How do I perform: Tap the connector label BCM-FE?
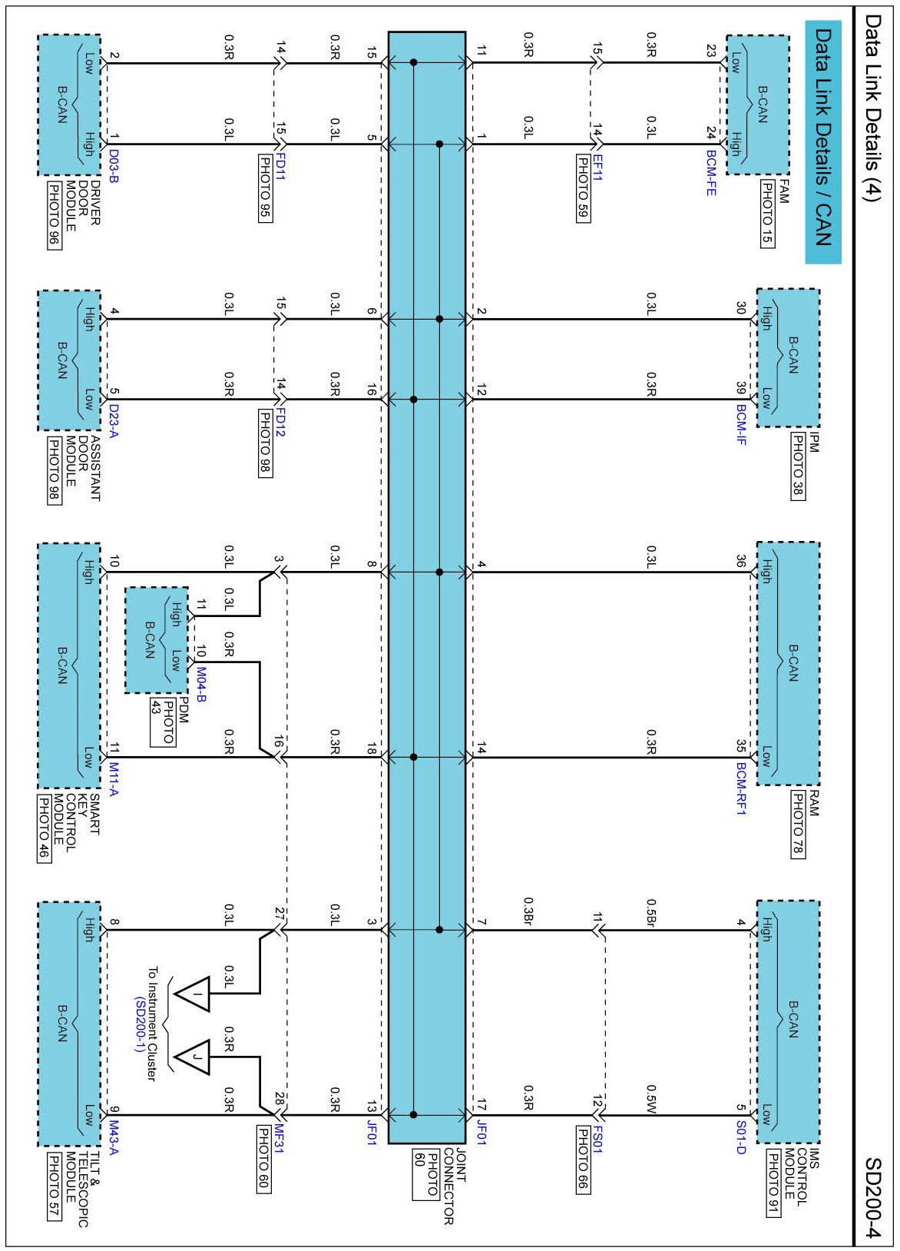(x=711, y=172)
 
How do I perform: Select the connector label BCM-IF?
(x=741, y=425)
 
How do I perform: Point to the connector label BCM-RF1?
(x=741, y=788)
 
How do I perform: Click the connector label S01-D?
(x=741, y=1137)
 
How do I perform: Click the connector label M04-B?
(x=201, y=686)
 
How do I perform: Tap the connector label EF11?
(x=597, y=168)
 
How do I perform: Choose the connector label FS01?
(x=597, y=1140)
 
